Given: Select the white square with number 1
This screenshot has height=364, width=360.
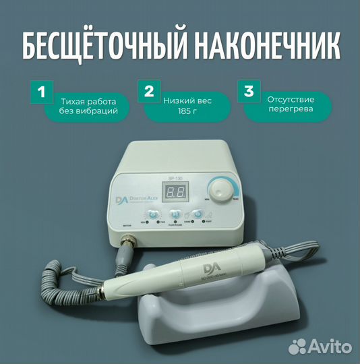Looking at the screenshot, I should (41, 93).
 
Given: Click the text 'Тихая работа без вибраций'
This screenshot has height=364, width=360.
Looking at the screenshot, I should (86, 105).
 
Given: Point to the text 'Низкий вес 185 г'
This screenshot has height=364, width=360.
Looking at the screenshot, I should (187, 105).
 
